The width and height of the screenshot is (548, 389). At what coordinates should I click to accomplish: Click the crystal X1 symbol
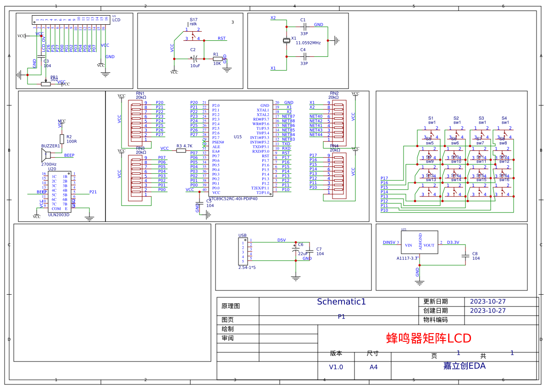(x=287, y=41)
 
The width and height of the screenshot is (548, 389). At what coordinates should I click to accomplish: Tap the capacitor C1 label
(x=303, y=20)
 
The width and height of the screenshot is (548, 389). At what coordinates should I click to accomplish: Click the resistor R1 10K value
(x=217, y=64)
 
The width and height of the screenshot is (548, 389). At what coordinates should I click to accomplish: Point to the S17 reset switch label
(x=194, y=20)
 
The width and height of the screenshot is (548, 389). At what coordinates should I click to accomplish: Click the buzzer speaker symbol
(x=47, y=154)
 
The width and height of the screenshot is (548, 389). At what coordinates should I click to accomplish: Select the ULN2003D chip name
(x=58, y=214)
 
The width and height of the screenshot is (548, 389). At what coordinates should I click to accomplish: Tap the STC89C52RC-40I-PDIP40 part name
(x=233, y=199)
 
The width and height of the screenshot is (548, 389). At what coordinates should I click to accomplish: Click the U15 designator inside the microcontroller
(x=238, y=137)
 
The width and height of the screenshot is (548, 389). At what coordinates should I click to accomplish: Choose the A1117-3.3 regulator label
(x=408, y=258)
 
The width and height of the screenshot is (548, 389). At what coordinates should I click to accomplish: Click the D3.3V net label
(x=453, y=242)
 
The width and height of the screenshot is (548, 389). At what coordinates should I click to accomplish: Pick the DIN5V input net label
(x=389, y=242)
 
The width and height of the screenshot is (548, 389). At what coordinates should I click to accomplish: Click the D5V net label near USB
(x=281, y=240)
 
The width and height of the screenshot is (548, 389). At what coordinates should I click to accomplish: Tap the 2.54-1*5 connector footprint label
(x=247, y=267)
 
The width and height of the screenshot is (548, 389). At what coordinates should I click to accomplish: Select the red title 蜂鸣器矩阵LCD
(x=429, y=339)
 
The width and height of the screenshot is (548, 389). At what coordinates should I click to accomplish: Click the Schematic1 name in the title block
(x=341, y=302)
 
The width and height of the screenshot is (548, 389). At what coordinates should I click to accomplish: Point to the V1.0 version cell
(x=336, y=367)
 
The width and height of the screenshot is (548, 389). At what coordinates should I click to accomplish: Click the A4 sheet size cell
(x=373, y=367)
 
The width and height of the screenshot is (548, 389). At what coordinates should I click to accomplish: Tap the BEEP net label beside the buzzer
(x=69, y=155)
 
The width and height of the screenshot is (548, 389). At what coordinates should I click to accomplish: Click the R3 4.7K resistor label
(x=184, y=146)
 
